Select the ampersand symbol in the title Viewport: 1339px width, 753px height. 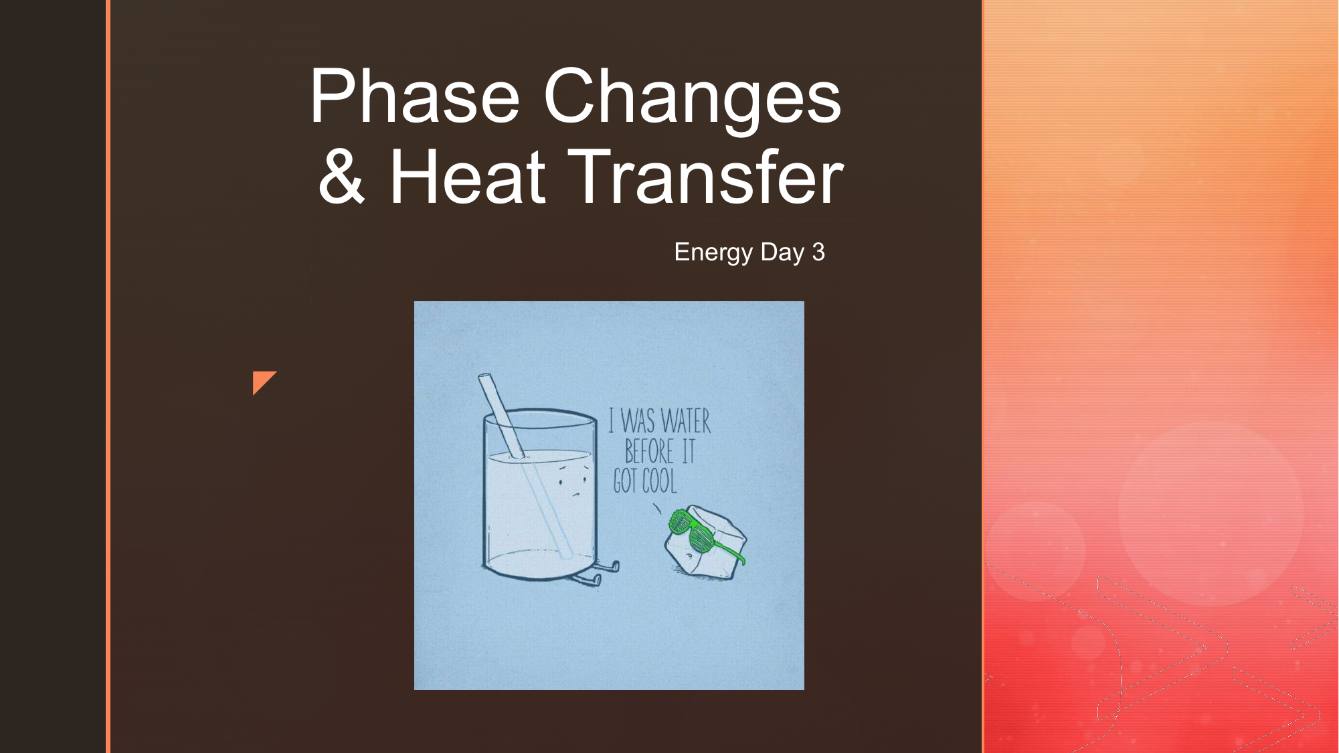342,176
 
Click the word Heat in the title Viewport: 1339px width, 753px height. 468,176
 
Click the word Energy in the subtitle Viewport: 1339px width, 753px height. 713,252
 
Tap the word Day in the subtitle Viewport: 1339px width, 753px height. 782,252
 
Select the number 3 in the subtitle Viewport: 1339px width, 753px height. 818,252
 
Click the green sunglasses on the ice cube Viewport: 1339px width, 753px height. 703,535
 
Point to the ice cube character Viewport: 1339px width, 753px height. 705,541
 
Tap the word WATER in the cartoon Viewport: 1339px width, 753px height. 685,422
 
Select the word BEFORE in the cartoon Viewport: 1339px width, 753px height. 649,451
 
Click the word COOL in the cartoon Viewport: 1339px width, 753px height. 660,481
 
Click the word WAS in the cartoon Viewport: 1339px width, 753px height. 637,422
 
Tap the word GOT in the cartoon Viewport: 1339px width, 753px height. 626,481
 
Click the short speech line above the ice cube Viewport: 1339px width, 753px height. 658,509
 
